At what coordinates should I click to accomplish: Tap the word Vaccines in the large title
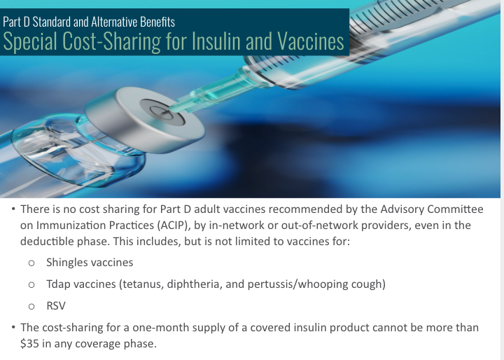tap(311, 41)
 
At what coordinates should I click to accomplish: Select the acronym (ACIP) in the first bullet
tap(172, 226)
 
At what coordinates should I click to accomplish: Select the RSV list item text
tap(56, 305)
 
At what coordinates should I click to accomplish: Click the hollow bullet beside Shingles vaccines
tap(31, 263)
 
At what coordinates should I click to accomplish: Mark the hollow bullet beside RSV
tap(31, 307)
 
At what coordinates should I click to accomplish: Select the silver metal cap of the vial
tap(145, 120)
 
